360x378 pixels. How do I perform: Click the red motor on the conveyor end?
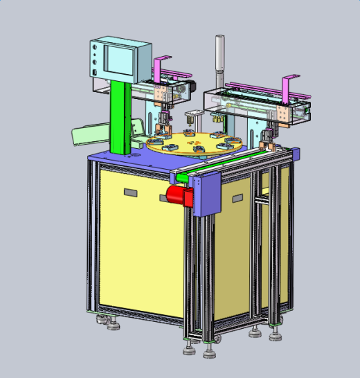tap(179, 196)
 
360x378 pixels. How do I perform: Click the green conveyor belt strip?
tap(228, 161)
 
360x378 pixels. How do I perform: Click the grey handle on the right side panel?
tap(237, 199)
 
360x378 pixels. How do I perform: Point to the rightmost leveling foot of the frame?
tap(276, 336)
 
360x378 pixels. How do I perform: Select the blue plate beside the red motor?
tap(208, 195)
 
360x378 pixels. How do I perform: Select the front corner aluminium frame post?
tap(192, 277)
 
